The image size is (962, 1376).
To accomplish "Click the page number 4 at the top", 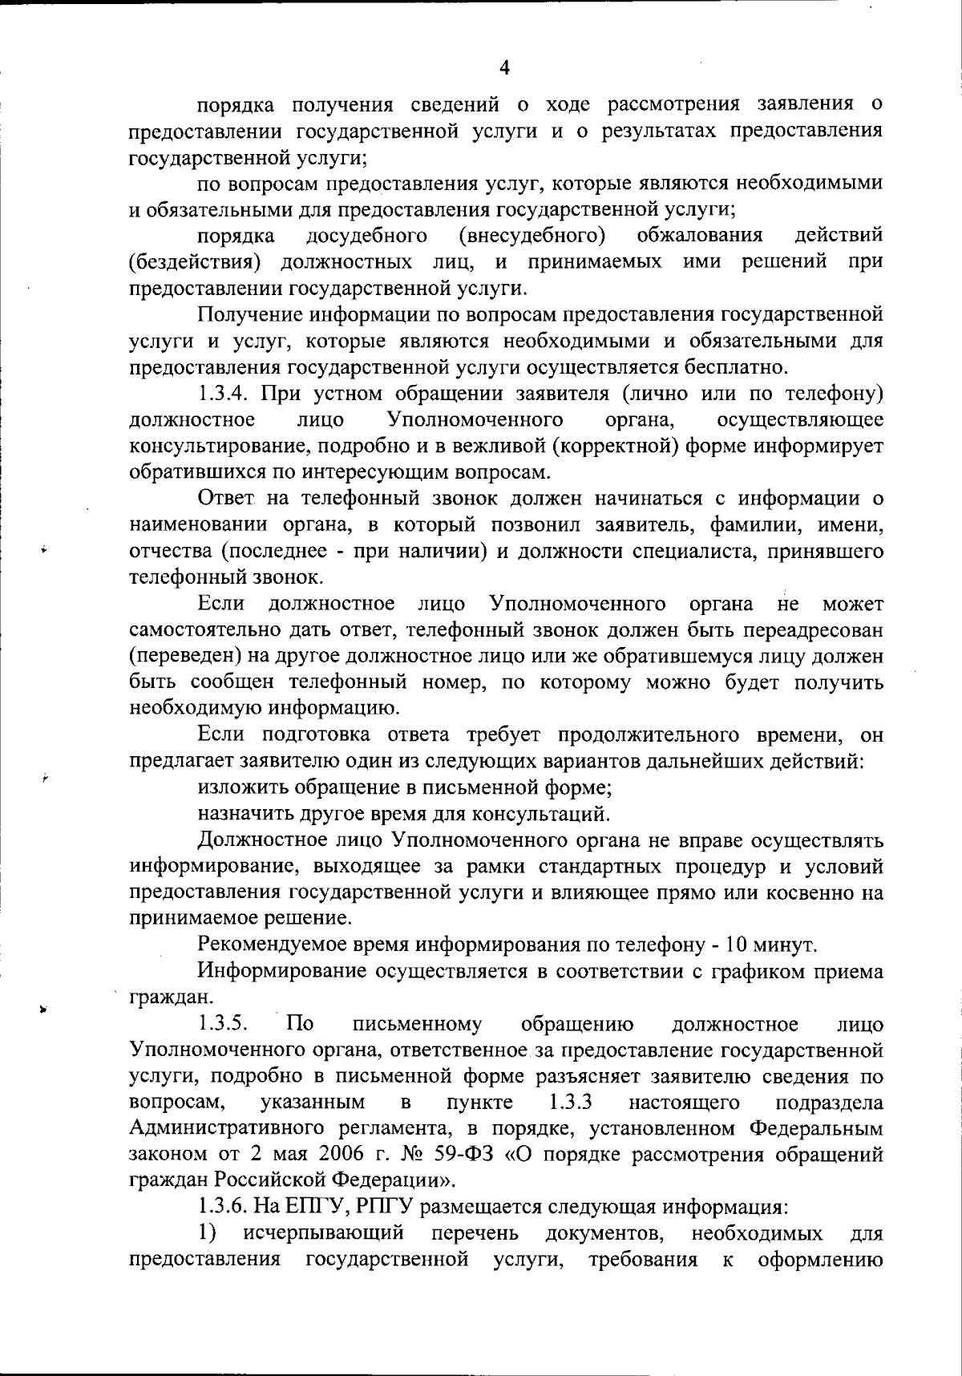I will tap(504, 68).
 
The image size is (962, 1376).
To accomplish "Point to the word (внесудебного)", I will tap(532, 235).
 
